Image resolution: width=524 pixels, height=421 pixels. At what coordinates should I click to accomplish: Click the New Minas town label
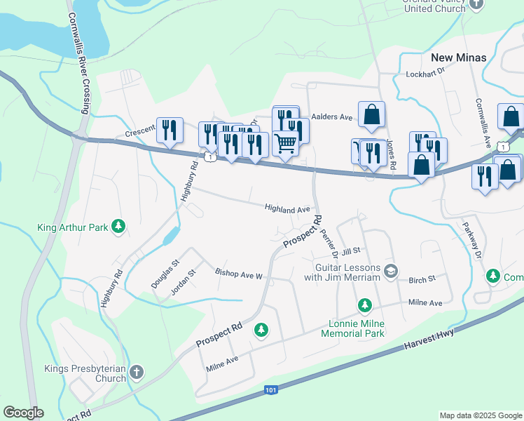pos(457,57)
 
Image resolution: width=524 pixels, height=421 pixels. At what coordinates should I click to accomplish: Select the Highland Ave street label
pos(287,208)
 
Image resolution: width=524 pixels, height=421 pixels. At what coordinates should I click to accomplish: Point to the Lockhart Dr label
pos(425,74)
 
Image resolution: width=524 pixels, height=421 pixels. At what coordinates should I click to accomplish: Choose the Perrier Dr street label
pos(330,243)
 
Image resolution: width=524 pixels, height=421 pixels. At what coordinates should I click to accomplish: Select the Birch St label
pos(422,279)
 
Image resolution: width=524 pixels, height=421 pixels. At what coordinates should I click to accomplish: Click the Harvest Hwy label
pos(429,340)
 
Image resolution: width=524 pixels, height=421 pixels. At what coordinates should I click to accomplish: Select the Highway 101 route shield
pos(271,389)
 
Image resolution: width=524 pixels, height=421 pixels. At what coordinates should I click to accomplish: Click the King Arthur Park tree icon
pos(120,226)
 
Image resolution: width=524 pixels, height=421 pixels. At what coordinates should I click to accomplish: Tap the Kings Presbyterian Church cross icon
pos(137,371)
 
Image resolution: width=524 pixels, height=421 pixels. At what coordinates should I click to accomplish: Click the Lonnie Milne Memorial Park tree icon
pos(364,305)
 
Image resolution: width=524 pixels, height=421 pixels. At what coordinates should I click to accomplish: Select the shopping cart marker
pos(285,143)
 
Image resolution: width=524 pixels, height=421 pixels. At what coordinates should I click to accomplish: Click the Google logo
pos(23,413)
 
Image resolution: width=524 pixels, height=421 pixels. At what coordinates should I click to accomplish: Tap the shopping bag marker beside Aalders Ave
pos(371,114)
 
